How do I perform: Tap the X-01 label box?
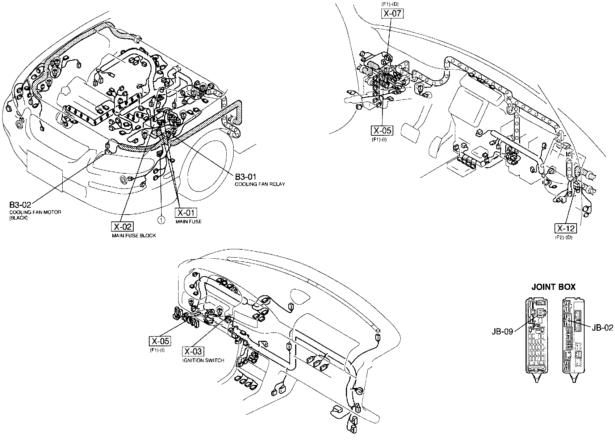[185, 213]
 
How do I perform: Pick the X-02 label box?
[121, 227]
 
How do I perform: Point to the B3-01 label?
[246, 177]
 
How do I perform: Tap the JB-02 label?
[602, 328]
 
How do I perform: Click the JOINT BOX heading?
[553, 287]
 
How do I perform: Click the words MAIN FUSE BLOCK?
[134, 236]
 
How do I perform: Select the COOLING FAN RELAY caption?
[260, 184]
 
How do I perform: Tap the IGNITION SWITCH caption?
[203, 360]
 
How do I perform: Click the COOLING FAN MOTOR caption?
[35, 212]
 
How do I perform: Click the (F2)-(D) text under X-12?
[564, 237]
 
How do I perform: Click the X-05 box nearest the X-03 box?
[160, 341]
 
